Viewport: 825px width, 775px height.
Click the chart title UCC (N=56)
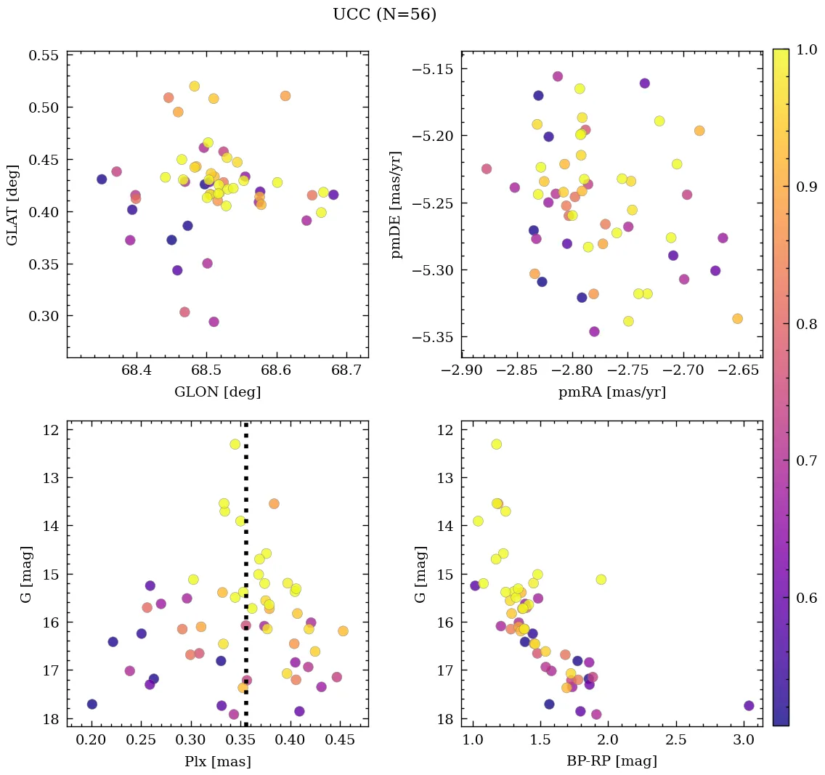coord(384,15)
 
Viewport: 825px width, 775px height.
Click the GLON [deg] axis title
coord(217,392)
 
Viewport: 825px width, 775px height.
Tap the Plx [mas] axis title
coord(217,761)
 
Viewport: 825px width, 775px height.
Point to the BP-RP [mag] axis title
coord(611,761)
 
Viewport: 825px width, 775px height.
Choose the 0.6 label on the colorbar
coord(803,598)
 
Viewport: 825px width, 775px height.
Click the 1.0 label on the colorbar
coord(803,49)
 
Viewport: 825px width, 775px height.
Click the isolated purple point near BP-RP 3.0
coord(749,705)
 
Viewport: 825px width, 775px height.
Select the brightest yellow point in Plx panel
coord(235,444)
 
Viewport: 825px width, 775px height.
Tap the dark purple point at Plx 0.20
coord(92,704)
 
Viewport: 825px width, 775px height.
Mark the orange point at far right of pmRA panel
coord(737,318)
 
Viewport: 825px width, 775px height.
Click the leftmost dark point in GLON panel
coord(102,179)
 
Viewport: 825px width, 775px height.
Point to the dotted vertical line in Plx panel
coord(246,581)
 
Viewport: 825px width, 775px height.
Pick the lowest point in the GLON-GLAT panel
coord(214,322)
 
